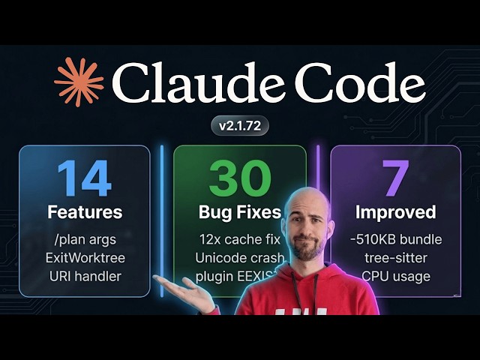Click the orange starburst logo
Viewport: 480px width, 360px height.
[79, 82]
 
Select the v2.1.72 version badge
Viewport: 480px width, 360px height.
[239, 126]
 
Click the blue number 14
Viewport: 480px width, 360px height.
[84, 178]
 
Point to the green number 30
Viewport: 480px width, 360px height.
[239, 178]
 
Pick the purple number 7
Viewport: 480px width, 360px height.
[395, 178]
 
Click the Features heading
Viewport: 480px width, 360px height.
[84, 212]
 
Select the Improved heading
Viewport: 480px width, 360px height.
[395, 212]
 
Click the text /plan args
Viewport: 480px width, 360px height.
[84, 240]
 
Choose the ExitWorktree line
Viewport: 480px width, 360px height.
[84, 258]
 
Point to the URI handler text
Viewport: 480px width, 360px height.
[84, 275]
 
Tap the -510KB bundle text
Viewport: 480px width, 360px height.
[395, 240]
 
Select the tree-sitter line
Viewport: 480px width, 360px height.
[395, 258]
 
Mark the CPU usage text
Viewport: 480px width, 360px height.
[395, 275]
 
